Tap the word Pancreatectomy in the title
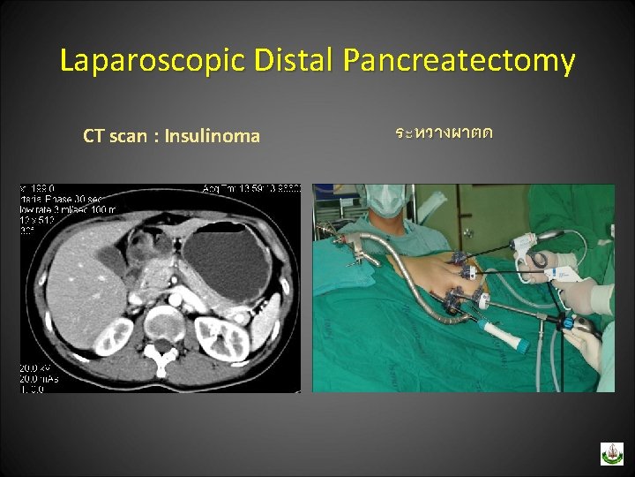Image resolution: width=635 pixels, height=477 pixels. click(459, 61)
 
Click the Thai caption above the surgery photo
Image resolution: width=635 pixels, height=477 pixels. click(444, 133)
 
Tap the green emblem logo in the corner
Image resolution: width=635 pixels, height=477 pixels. click(611, 453)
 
